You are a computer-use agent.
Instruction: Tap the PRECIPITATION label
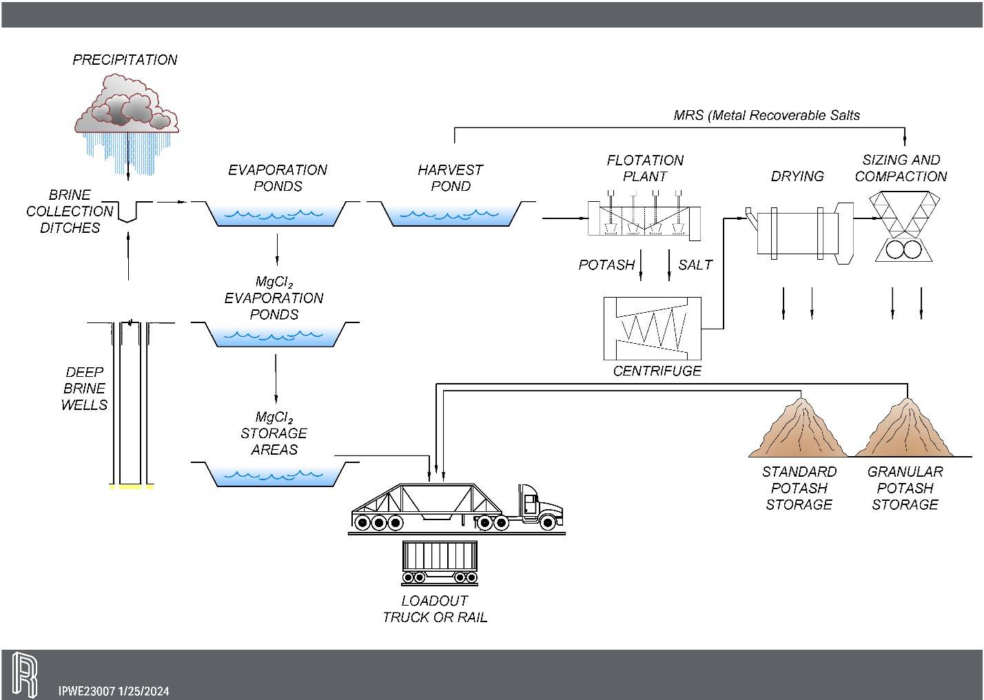click(125, 60)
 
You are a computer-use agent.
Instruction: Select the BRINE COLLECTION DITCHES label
click(70, 211)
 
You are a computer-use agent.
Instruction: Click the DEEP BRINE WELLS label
click(85, 389)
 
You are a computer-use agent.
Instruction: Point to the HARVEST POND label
click(451, 178)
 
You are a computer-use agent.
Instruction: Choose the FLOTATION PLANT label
click(645, 168)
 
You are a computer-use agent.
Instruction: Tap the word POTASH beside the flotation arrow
click(606, 265)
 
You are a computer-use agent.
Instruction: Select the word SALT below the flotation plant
click(695, 265)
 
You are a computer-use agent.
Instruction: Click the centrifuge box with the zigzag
click(652, 329)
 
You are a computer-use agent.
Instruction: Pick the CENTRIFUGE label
click(657, 371)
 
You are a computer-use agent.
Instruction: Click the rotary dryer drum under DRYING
click(797, 232)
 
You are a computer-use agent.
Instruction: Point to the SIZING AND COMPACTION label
click(901, 168)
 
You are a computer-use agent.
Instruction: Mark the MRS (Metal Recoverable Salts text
click(766, 116)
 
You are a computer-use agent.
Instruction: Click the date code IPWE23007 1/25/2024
click(114, 691)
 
